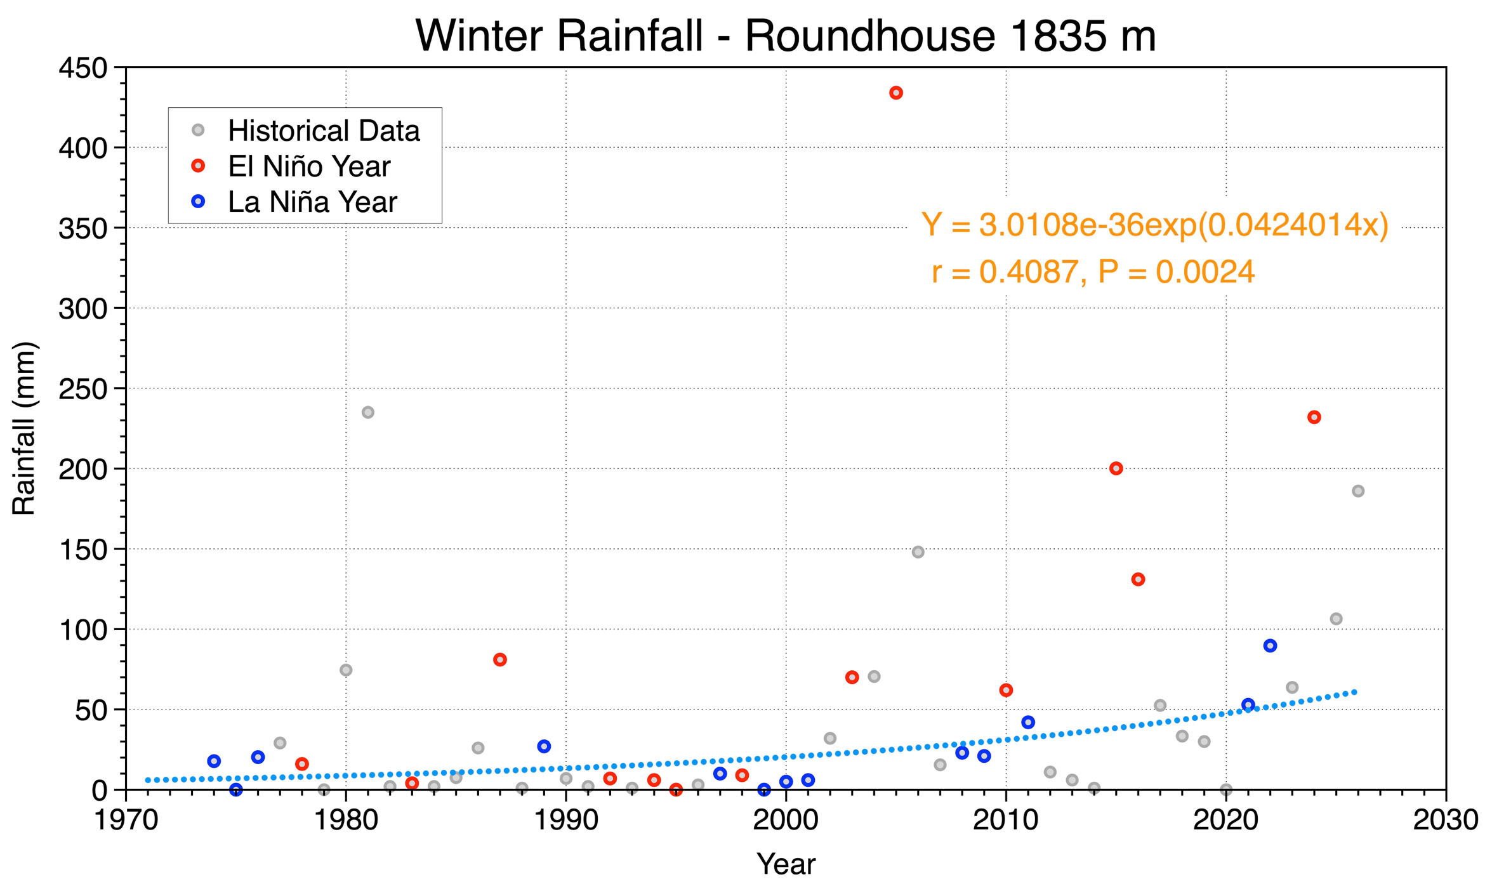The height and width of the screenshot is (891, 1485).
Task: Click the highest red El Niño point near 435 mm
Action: click(x=895, y=93)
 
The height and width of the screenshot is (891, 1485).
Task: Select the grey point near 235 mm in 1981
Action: click(x=367, y=412)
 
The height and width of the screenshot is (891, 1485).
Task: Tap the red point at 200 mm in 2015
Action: click(x=1116, y=468)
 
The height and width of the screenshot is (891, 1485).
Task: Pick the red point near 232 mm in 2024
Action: click(x=1314, y=417)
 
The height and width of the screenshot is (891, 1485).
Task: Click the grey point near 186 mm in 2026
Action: click(x=1357, y=491)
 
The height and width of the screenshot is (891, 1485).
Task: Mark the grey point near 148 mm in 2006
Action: click(x=918, y=552)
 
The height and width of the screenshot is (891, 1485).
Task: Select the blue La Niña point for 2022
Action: click(x=1270, y=645)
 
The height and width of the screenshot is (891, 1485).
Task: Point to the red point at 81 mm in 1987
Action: click(x=499, y=659)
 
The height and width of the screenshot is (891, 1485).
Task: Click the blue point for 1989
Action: click(x=544, y=746)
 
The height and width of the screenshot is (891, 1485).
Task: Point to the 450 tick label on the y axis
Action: click(x=82, y=68)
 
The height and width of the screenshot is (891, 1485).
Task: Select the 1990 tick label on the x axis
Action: click(x=566, y=820)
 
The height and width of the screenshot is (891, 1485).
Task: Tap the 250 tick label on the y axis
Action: click(x=82, y=389)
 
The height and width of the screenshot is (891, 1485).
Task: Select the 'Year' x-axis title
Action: click(x=786, y=864)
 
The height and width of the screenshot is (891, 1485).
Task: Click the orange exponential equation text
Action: click(x=1155, y=225)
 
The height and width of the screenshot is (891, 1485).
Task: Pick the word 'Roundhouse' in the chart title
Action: click(x=869, y=36)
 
